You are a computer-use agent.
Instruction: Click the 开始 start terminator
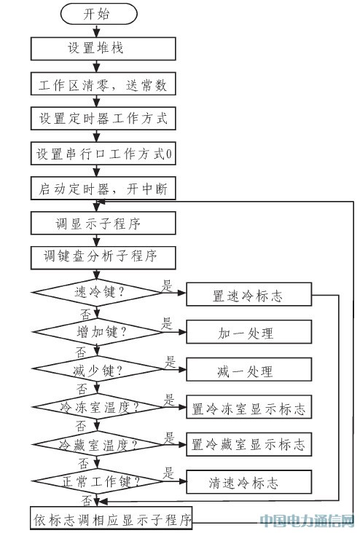[x=98, y=14]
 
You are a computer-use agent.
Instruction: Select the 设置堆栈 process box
[x=103, y=49]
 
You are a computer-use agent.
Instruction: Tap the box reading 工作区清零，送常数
[x=103, y=84]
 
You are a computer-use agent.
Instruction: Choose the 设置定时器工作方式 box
[x=103, y=118]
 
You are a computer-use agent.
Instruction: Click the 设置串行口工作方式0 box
[x=103, y=154]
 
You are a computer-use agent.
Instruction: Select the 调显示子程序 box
[x=103, y=223]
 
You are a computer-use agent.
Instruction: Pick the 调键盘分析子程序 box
[x=103, y=258]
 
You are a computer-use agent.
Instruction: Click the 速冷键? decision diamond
[x=98, y=292]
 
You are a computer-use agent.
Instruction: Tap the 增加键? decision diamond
[x=98, y=332]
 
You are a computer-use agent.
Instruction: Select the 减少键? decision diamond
[x=98, y=369]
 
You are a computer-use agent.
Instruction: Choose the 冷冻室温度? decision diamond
[x=98, y=406]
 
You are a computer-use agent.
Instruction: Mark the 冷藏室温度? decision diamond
[x=98, y=444]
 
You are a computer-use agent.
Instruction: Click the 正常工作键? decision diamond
[x=98, y=481]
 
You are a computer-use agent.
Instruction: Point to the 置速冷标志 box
[x=249, y=294]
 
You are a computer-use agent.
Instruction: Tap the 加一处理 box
[x=249, y=332]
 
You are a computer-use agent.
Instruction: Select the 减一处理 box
[x=249, y=369]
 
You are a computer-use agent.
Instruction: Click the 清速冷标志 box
[x=249, y=482]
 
